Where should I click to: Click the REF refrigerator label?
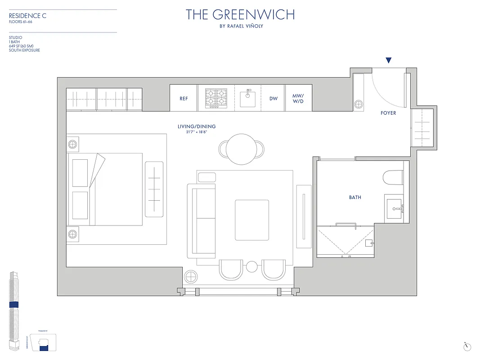tap(184, 99)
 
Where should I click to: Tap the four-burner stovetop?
tap(215, 98)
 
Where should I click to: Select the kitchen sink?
tap(248, 98)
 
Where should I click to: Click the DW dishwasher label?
tap(274, 99)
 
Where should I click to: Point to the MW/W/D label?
tap(298, 98)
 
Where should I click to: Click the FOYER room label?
tap(388, 113)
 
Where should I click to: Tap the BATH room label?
tap(355, 197)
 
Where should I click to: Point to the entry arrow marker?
tap(389, 61)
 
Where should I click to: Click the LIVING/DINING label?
tap(197, 126)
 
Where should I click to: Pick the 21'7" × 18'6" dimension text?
tap(197, 132)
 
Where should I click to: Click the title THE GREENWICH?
tap(240, 14)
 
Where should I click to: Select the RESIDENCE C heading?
tap(28, 16)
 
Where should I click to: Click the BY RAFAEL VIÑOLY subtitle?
tap(240, 26)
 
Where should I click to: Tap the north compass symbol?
tap(468, 346)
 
